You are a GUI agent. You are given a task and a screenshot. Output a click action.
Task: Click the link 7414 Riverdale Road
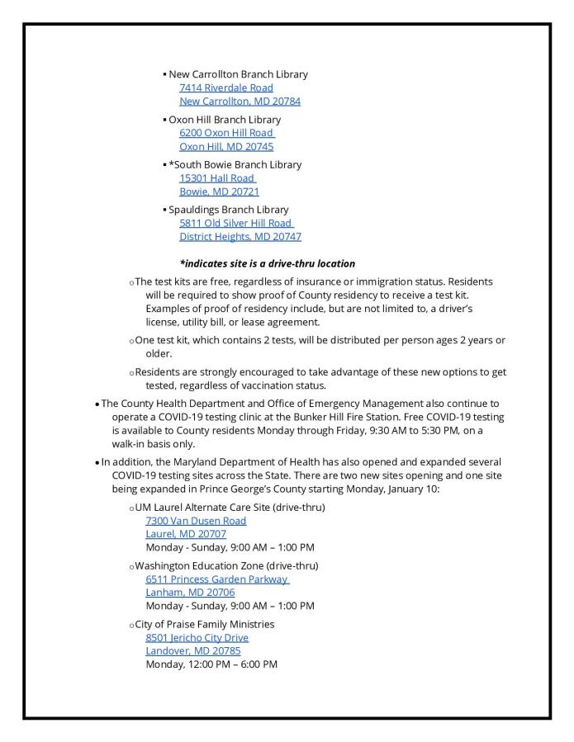pyautogui.click(x=225, y=87)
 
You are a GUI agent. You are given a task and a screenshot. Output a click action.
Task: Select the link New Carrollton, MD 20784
pyautogui.click(x=240, y=102)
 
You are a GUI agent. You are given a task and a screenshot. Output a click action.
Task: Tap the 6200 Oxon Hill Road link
pyautogui.click(x=226, y=133)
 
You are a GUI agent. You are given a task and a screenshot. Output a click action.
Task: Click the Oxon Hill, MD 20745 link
pyautogui.click(x=225, y=147)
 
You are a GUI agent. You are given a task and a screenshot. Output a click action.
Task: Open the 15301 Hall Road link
pyautogui.click(x=216, y=178)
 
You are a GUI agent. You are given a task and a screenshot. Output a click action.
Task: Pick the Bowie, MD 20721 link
pyautogui.click(x=219, y=191)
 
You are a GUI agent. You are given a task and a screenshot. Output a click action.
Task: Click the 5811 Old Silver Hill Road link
pyautogui.click(x=235, y=223)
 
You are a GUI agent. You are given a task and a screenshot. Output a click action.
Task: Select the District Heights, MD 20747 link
pyautogui.click(x=240, y=237)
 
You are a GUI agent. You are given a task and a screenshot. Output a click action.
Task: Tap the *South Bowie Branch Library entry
pyautogui.click(x=235, y=164)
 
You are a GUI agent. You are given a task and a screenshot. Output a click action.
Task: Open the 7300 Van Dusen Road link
pyautogui.click(x=195, y=521)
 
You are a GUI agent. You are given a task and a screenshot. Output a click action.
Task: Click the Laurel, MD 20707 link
pyautogui.click(x=186, y=534)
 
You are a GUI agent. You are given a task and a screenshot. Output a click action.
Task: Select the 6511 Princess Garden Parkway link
pyautogui.click(x=216, y=579)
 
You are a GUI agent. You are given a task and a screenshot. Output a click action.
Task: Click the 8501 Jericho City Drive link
pyautogui.click(x=197, y=638)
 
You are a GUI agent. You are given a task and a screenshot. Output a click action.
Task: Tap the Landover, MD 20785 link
pyautogui.click(x=193, y=651)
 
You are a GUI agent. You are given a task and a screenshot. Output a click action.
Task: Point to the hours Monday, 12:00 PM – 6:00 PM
pyautogui.click(x=211, y=664)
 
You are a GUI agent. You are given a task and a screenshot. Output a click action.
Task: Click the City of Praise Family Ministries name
pyautogui.click(x=210, y=624)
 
